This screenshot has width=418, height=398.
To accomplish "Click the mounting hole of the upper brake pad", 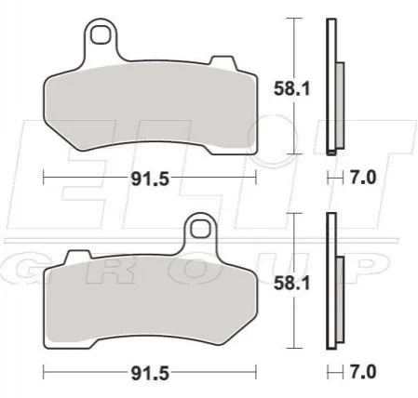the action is (x=101, y=34).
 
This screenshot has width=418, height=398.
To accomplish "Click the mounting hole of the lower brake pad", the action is (x=200, y=230).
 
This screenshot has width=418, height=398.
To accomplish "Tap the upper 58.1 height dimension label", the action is (x=291, y=89).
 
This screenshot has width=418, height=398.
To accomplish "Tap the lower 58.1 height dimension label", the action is (x=291, y=284).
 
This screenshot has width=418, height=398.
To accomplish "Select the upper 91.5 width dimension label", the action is (x=150, y=179).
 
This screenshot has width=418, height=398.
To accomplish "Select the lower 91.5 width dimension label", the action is (x=150, y=373).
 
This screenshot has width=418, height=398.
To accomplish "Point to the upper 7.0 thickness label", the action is (x=363, y=178).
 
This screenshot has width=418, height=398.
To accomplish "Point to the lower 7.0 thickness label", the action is (x=363, y=372).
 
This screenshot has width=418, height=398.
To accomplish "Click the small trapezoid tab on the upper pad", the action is (x=222, y=61).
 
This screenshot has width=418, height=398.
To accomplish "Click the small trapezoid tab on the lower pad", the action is (x=79, y=255).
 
